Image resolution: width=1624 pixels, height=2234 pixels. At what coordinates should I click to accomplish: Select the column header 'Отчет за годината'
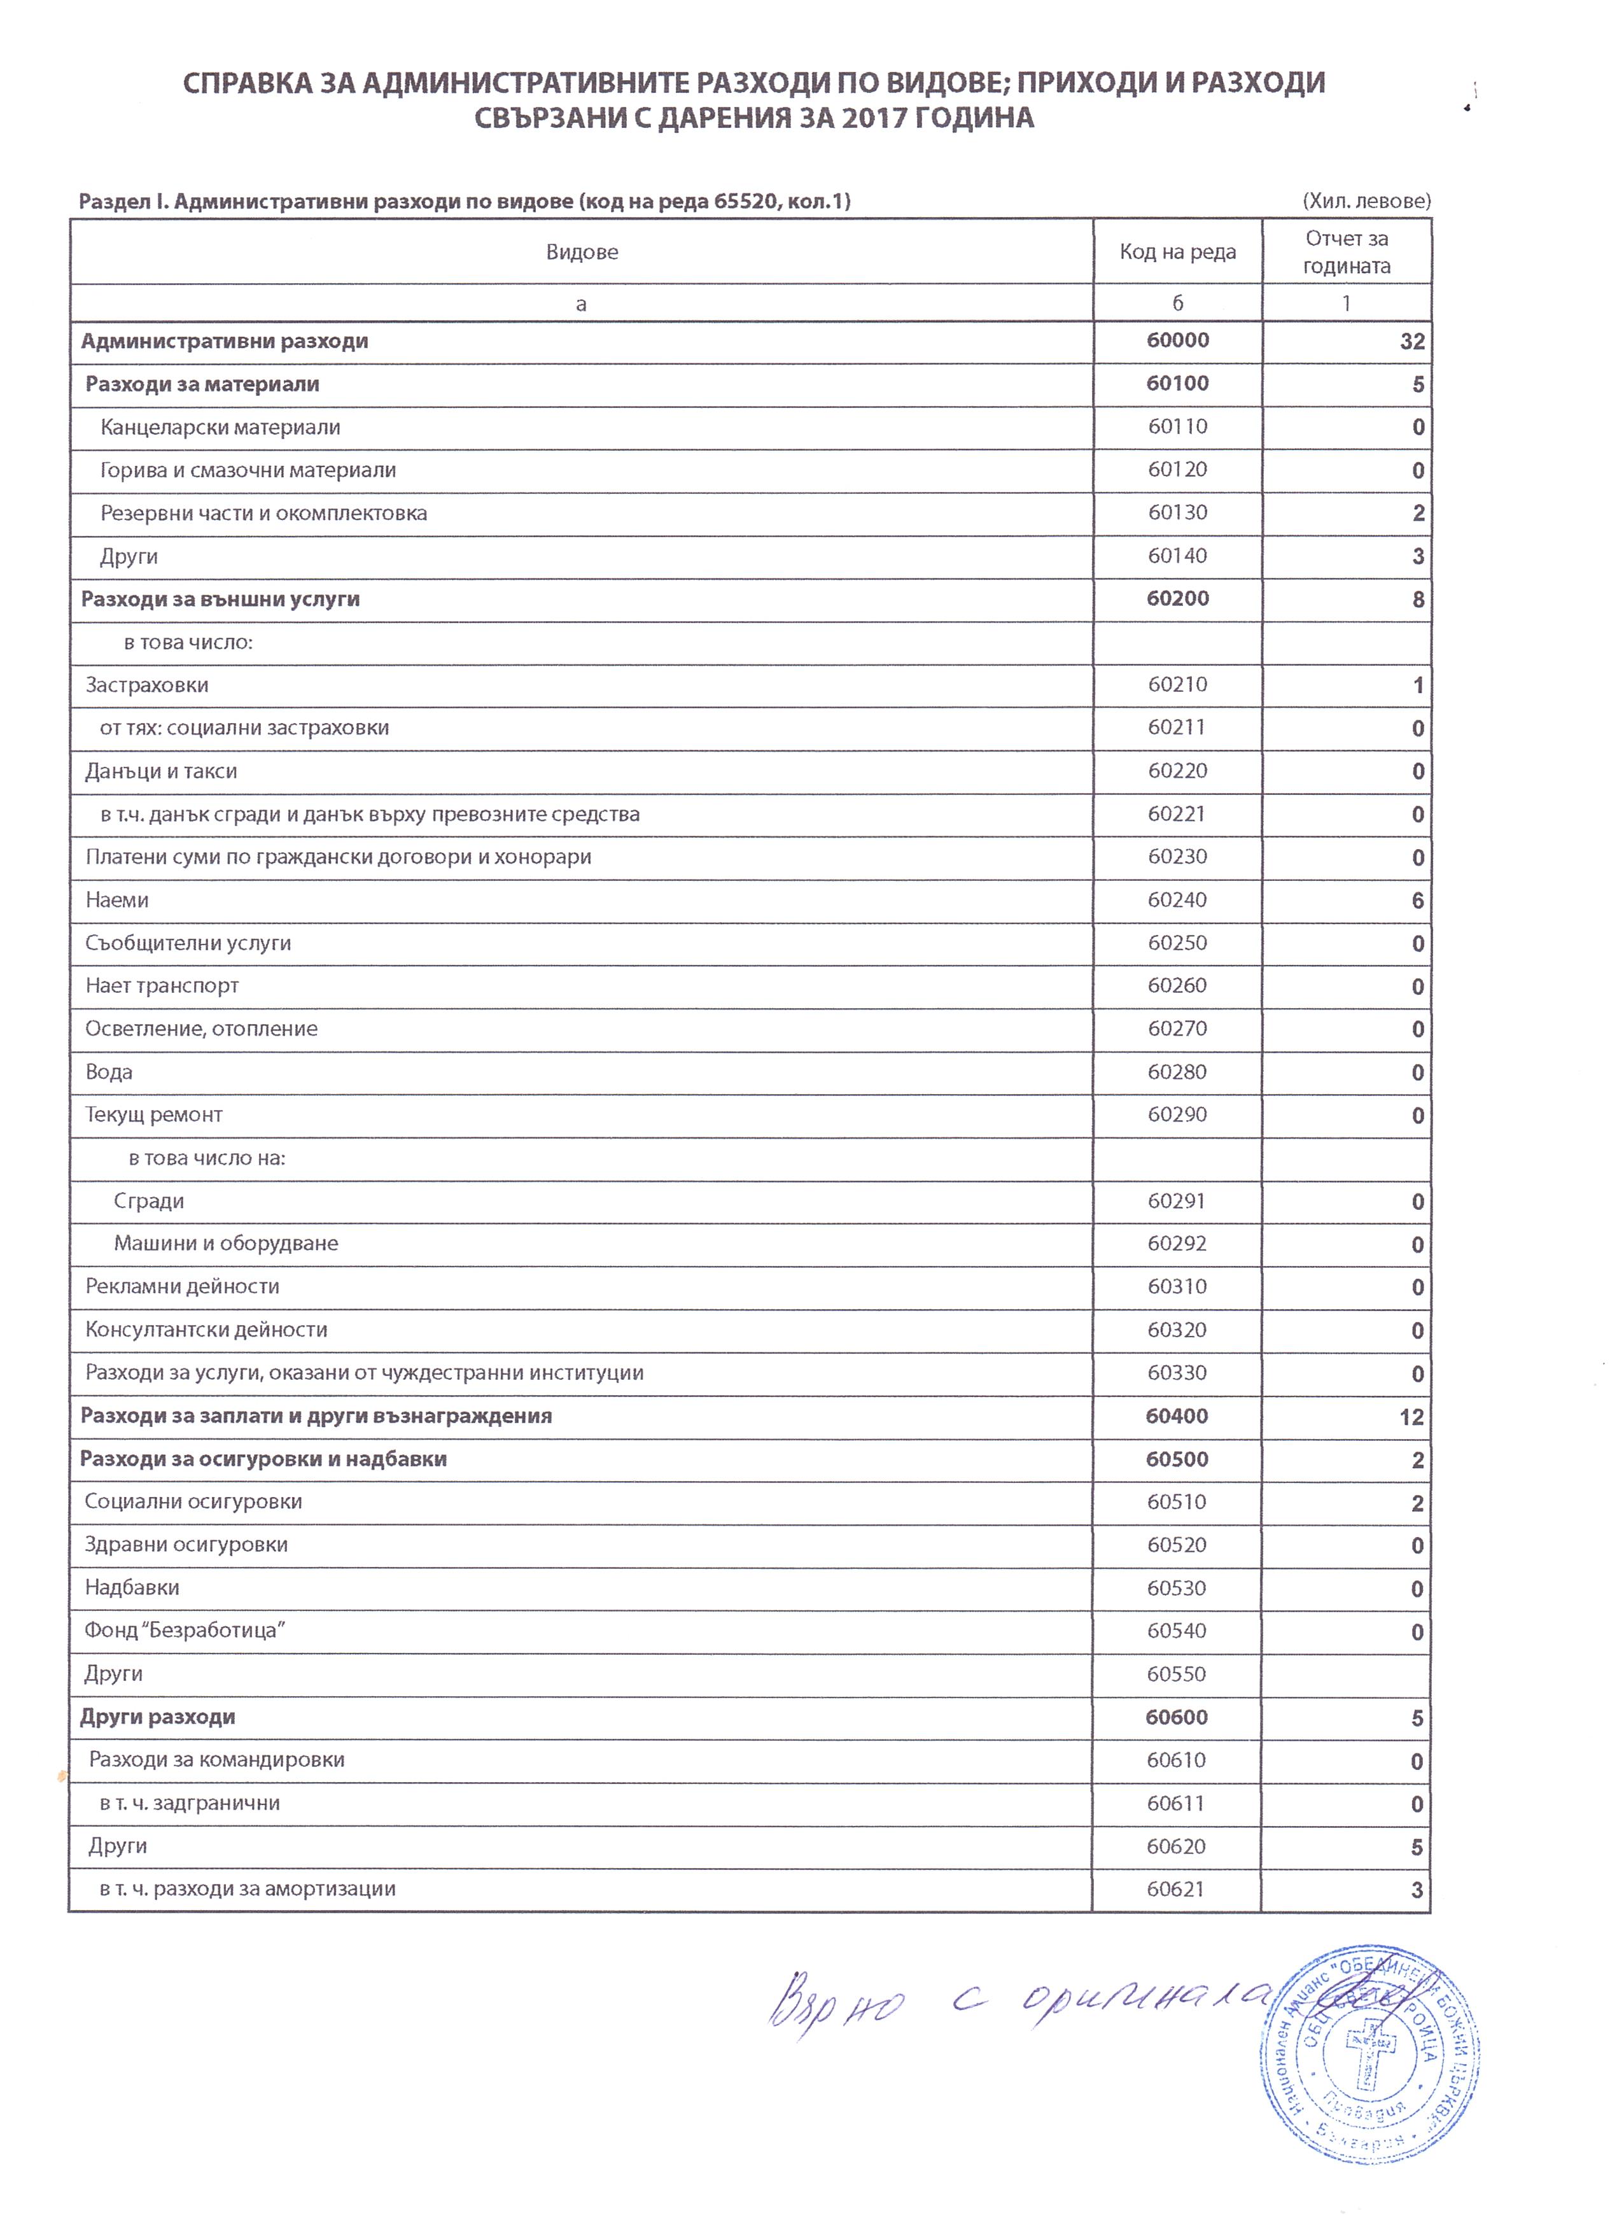[1347, 252]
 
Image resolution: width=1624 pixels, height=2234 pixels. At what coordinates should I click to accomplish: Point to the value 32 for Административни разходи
[1411, 342]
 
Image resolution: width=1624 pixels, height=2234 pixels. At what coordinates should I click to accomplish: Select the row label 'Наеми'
[116, 901]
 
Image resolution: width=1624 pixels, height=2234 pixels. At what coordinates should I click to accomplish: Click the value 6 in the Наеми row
[1417, 901]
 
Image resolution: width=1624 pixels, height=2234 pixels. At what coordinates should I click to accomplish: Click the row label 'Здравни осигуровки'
[186, 1545]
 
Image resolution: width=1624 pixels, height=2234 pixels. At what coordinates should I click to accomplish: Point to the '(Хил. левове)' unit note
[1366, 201]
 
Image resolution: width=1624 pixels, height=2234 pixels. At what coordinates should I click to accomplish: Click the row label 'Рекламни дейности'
[182, 1286]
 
